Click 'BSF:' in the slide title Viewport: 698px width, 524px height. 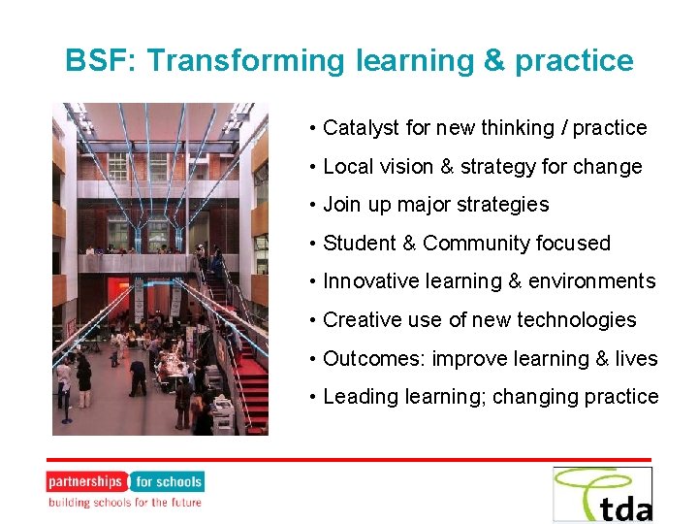pos(101,61)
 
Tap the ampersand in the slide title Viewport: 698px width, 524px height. pos(494,61)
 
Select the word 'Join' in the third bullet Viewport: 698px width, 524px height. pos(341,205)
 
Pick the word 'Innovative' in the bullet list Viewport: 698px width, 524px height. pos(367,281)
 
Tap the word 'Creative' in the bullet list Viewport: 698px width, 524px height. pos(361,320)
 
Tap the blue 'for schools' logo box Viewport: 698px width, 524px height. pos(168,481)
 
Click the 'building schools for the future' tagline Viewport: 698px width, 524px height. pos(125,503)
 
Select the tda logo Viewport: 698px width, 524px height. pos(602,494)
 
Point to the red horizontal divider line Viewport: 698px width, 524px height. pos(349,460)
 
